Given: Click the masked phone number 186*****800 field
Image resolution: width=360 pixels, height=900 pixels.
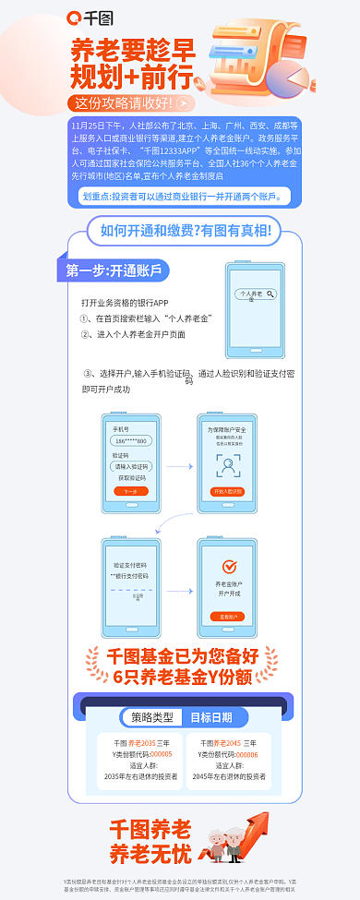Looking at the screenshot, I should (131, 441).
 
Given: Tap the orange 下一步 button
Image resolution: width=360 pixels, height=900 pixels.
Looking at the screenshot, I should (131, 492).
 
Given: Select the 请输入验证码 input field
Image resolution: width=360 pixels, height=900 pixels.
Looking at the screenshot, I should (131, 467).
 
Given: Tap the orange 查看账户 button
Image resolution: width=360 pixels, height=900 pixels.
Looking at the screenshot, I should (227, 616).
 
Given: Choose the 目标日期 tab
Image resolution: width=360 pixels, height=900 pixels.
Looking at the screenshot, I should (211, 717).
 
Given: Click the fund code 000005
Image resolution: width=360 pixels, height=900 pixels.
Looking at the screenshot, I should (162, 753).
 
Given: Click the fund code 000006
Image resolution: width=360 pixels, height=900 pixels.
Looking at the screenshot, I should (247, 753).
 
